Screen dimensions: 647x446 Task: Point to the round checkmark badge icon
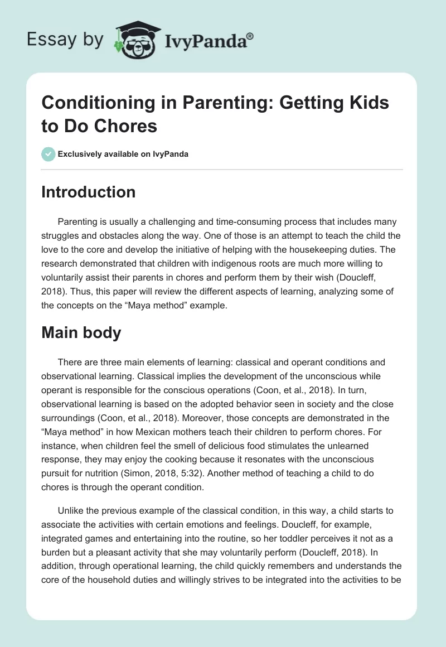point(48,154)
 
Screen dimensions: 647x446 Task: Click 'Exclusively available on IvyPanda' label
point(124,154)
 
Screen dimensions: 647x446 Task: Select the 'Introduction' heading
point(89,192)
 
